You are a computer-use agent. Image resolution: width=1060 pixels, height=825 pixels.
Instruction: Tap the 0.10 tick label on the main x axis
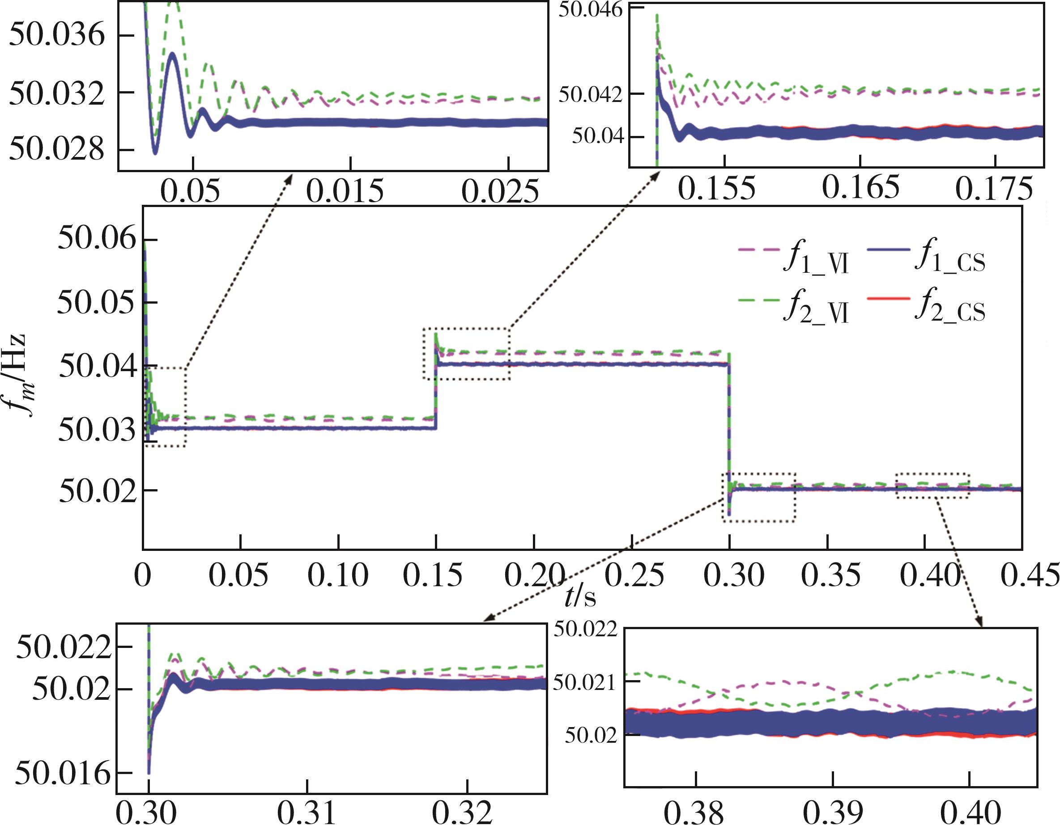338,575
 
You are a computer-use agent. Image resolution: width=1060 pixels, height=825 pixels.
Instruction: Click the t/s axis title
580,597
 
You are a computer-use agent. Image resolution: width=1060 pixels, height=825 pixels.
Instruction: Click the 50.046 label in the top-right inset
590,10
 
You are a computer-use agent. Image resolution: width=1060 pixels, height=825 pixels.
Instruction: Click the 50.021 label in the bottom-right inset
584,682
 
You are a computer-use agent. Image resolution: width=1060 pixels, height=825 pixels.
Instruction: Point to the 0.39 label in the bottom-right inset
833,812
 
